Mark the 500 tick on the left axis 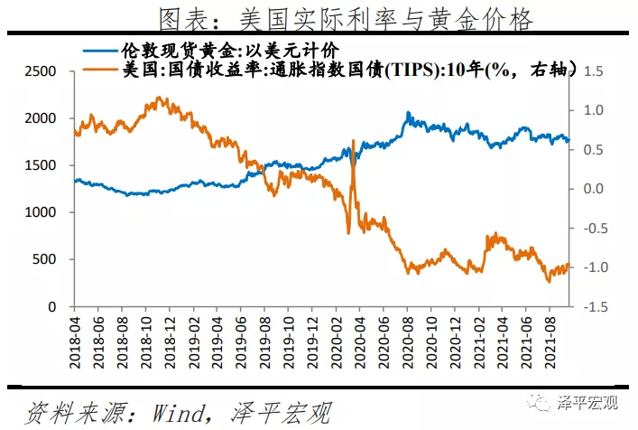(44, 259)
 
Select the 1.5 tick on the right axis (592, 71)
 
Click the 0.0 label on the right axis (592, 189)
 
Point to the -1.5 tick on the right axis (590, 306)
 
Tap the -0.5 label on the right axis (590, 229)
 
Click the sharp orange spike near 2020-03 (352, 143)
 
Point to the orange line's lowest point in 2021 (549, 282)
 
